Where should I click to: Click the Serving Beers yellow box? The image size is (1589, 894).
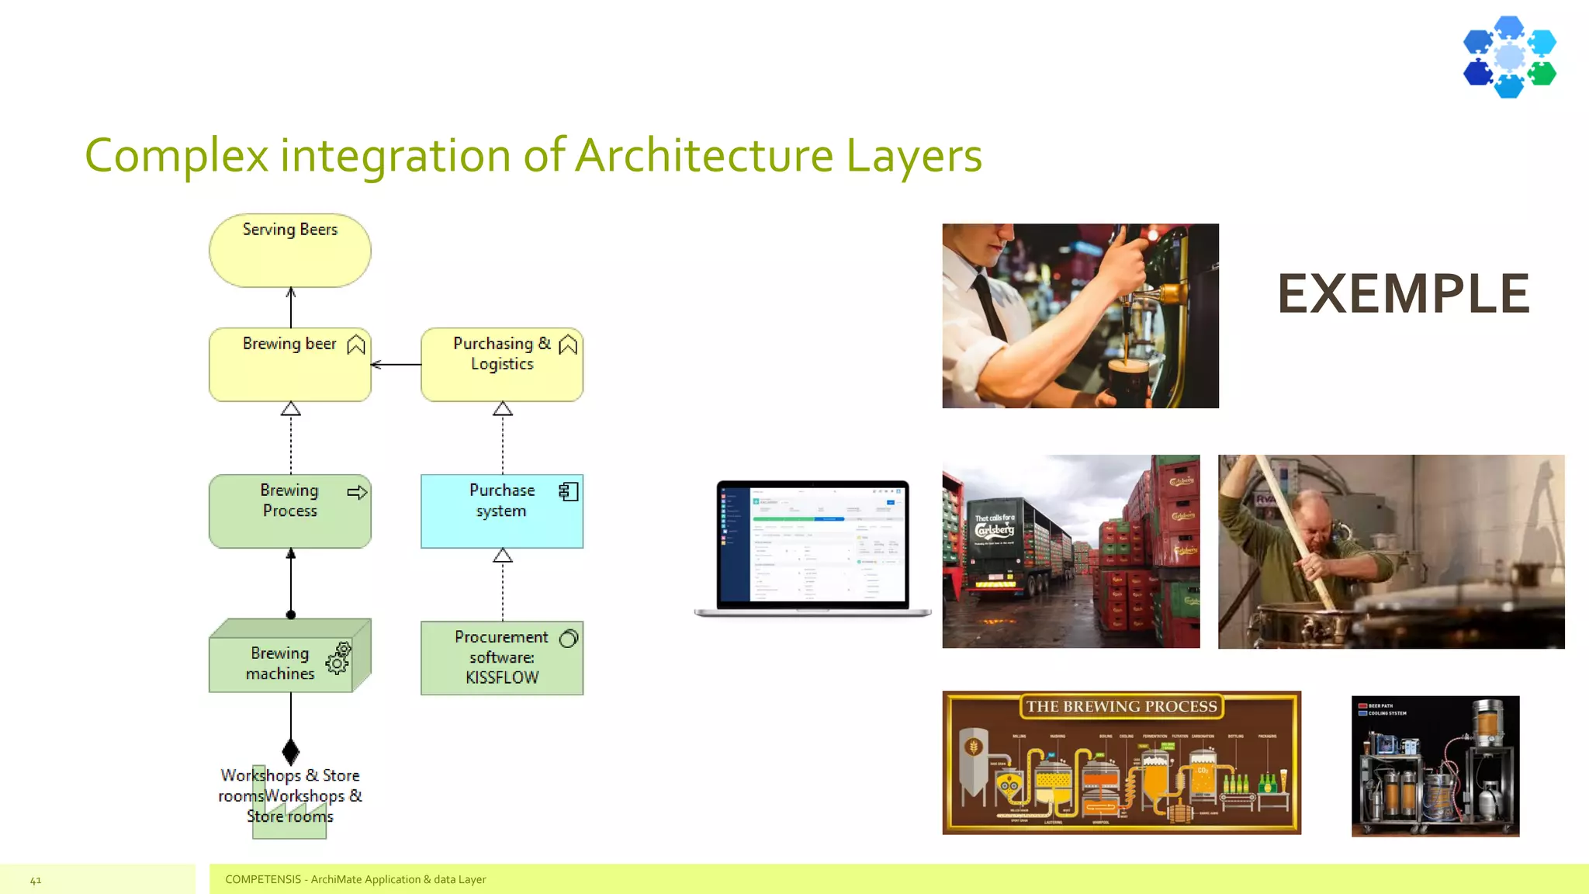[289, 251]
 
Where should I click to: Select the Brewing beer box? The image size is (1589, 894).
[289, 365]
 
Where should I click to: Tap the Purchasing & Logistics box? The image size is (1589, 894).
[501, 365]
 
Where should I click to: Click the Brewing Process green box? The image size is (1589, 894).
[289, 511]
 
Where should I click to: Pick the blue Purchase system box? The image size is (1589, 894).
[501, 511]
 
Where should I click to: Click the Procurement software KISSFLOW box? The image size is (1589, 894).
[501, 658]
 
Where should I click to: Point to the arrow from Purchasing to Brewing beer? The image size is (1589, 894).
[396, 364]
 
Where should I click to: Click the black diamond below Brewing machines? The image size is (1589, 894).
[291, 751]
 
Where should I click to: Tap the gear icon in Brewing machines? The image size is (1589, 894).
[338, 658]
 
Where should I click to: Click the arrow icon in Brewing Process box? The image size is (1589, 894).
[357, 492]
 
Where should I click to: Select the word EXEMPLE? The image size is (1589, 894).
[1403, 294]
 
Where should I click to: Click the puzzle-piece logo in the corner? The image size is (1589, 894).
[1509, 57]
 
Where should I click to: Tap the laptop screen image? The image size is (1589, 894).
[812, 545]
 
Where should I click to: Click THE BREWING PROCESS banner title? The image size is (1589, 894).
[1121, 706]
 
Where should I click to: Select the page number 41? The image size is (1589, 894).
[36, 880]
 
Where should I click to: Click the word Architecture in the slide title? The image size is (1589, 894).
[704, 154]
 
